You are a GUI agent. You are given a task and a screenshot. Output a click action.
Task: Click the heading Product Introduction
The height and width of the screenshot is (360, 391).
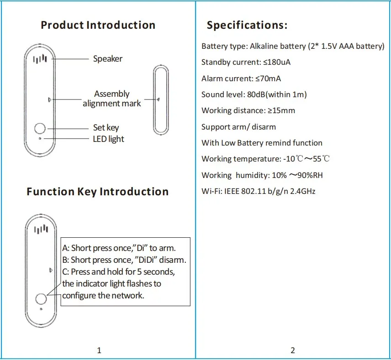(98, 25)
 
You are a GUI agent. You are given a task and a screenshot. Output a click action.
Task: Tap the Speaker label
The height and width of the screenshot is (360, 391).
(108, 59)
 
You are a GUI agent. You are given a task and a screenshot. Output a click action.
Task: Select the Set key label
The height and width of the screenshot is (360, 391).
(106, 128)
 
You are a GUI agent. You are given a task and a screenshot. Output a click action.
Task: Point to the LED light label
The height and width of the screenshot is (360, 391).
(108, 139)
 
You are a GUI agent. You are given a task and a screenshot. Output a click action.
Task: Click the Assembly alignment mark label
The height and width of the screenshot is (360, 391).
(112, 99)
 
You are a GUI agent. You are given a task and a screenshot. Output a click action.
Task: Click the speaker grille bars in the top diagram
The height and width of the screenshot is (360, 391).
(40, 59)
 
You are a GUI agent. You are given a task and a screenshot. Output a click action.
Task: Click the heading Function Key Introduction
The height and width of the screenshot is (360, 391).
(97, 192)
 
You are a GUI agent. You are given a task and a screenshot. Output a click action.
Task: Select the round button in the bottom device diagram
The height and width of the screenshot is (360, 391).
(41, 298)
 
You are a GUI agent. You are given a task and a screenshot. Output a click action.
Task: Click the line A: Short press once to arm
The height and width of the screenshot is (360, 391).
(119, 248)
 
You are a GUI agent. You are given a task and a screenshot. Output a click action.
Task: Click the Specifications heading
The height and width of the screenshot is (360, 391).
(247, 25)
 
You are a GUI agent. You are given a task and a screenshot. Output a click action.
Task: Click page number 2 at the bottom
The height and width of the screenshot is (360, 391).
(293, 350)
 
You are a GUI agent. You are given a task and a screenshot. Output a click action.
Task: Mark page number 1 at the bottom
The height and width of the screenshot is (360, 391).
(99, 350)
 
